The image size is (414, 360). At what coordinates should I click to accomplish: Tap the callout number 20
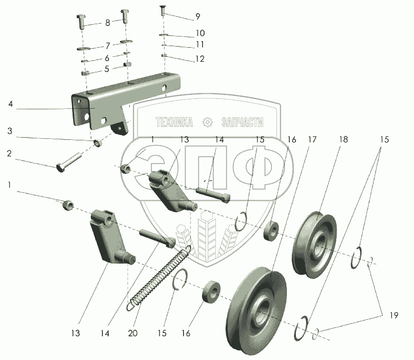coord(133,333)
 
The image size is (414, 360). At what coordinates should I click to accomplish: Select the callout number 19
coord(394,315)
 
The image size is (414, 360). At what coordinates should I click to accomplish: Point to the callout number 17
coord(312,140)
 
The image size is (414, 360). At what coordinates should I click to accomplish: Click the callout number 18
coord(343,140)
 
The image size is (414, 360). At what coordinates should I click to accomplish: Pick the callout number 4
coord(10,104)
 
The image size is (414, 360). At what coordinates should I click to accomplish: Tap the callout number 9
coord(198,17)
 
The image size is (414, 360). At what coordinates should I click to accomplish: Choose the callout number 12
coord(200,59)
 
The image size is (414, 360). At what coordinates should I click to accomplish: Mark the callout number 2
coord(9,153)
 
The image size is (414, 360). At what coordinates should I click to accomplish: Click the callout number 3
coord(10,131)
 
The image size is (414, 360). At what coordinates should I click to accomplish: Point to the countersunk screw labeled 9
coord(163,10)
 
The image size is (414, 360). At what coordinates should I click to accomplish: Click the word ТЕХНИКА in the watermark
coord(175,122)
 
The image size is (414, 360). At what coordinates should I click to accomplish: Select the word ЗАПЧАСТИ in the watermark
coord(242,122)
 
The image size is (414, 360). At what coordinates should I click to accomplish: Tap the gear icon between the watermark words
coord(207,122)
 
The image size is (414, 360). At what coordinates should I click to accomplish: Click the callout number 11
coord(200,45)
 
